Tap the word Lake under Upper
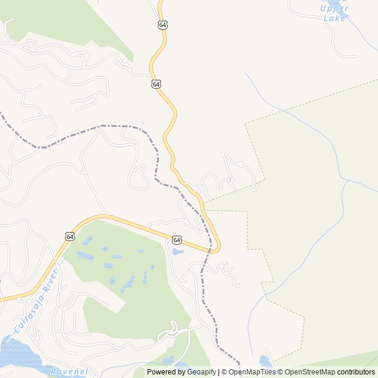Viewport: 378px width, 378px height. pos(334,18)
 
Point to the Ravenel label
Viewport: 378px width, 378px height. pos(69,372)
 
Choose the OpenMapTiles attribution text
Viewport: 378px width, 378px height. pos(250,372)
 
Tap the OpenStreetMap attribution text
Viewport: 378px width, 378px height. pos(310,372)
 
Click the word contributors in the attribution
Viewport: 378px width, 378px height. pos(356,372)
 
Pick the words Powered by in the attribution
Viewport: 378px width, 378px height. pos(165,372)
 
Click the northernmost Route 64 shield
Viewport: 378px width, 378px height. pos(162,25)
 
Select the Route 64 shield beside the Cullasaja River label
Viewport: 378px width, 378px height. pos(70,236)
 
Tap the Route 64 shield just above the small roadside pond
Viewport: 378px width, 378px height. pos(177,240)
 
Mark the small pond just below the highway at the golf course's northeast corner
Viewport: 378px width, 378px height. pos(178,252)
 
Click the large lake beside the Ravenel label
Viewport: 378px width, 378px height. pos(15,354)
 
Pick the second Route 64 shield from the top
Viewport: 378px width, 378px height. pos(156,84)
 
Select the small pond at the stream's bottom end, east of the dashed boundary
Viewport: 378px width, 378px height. pos(265,360)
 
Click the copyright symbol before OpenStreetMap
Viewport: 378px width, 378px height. pos(281,372)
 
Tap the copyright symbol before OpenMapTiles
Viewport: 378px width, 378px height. pos(223,372)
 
